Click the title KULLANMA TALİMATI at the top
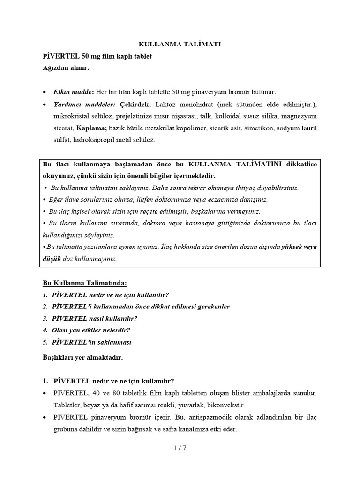[180, 44]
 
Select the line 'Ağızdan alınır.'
[66, 68]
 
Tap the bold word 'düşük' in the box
[52, 259]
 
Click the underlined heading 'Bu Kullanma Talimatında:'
[85, 283]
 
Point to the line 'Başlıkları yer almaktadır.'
[82, 357]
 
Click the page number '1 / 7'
[180, 448]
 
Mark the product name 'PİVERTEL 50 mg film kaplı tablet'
[97, 56]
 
